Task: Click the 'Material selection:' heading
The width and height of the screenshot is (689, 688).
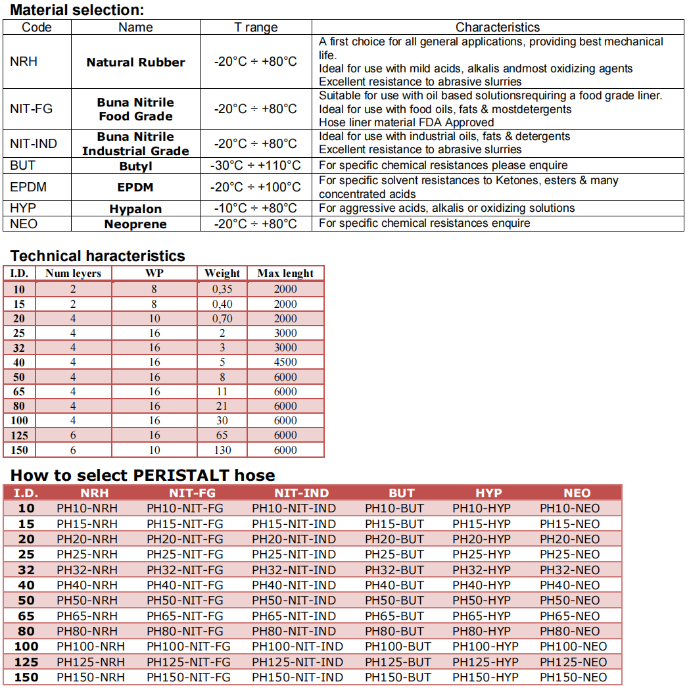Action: pyautogui.click(x=77, y=10)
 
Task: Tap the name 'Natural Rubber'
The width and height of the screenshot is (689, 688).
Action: pyautogui.click(x=135, y=62)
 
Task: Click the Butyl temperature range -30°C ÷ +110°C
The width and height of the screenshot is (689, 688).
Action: pyautogui.click(x=256, y=165)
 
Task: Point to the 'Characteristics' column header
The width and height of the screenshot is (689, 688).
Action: pyautogui.click(x=497, y=27)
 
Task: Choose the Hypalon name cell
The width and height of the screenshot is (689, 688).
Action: pyautogui.click(x=135, y=209)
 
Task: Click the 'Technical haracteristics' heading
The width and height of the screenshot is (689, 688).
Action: pyautogui.click(x=98, y=256)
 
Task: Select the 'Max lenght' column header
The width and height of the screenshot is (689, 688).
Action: pyautogui.click(x=285, y=273)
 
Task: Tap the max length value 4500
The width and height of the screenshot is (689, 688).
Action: pyautogui.click(x=285, y=362)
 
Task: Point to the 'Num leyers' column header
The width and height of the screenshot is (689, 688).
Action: pyautogui.click(x=73, y=273)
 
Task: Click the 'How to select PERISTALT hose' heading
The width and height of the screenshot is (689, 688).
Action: pyautogui.click(x=143, y=475)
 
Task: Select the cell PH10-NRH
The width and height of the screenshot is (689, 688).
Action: pyautogui.click(x=87, y=508)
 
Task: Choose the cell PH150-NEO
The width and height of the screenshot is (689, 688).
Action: pyautogui.click(x=573, y=677)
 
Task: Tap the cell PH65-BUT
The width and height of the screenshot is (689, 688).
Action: pyautogui.click(x=394, y=616)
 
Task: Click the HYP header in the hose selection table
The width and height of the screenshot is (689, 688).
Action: pyautogui.click(x=488, y=493)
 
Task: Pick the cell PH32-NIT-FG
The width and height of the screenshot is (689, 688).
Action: pyautogui.click(x=185, y=570)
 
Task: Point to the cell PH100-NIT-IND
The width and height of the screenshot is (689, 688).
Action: pyautogui.click(x=297, y=647)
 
